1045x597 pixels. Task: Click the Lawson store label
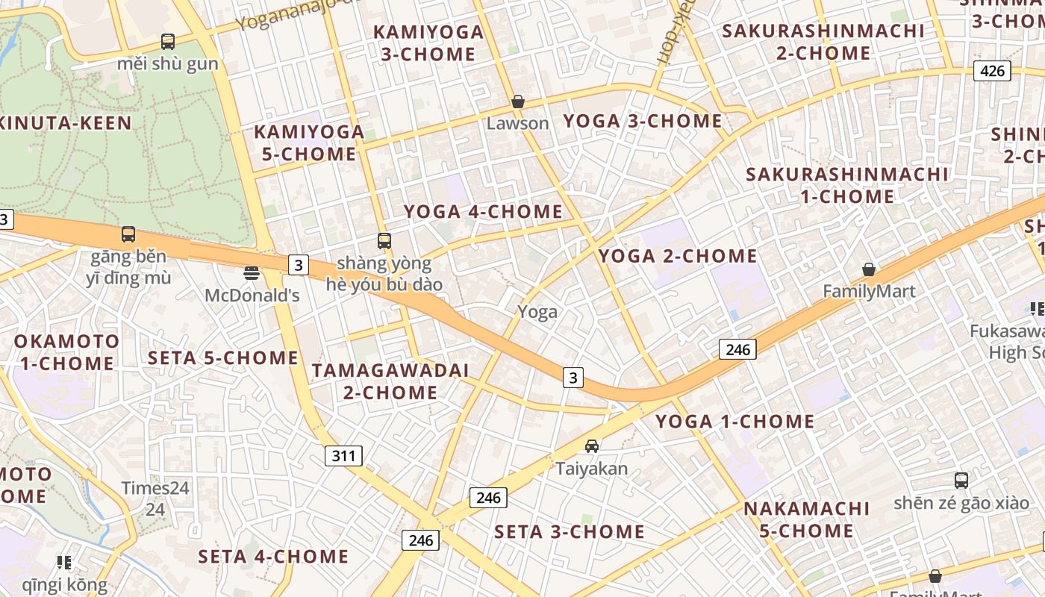(517, 123)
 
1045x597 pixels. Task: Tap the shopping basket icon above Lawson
(517, 101)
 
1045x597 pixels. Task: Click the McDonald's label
(252, 296)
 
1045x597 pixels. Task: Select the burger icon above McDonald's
(252, 273)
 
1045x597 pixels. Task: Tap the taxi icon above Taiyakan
(592, 446)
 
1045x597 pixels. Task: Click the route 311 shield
(343, 455)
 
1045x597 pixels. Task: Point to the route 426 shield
(992, 71)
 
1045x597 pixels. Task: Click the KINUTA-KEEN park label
(67, 123)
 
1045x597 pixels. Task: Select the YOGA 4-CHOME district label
(484, 211)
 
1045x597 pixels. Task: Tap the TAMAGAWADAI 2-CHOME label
(390, 381)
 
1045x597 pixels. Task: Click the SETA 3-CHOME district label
(570, 531)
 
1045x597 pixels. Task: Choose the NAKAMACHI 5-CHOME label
(807, 519)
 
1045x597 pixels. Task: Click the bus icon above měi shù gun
(168, 42)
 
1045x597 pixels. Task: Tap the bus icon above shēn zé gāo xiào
(961, 481)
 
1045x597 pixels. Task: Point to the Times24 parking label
(155, 488)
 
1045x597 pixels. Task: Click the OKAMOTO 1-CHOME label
(66, 352)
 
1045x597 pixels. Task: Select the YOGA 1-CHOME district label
(735, 422)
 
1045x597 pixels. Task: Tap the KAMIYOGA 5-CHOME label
(309, 143)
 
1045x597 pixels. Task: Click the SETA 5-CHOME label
(223, 357)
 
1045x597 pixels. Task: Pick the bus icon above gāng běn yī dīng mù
(128, 234)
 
